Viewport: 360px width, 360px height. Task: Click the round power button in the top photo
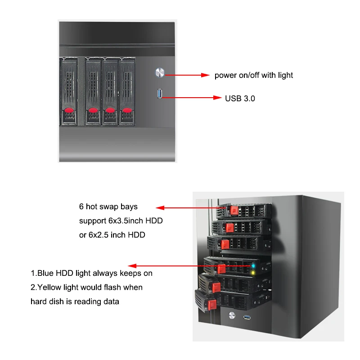pyautogui.click(x=159, y=72)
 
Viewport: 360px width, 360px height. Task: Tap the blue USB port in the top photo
pyautogui.click(x=159, y=94)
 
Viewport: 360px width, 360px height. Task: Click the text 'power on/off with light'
pyautogui.click(x=253, y=75)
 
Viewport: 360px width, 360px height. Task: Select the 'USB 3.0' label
pyautogui.click(x=240, y=98)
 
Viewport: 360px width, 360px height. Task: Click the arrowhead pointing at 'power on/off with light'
pyautogui.click(x=206, y=75)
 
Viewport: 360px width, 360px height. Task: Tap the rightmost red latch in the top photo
pyautogui.click(x=127, y=110)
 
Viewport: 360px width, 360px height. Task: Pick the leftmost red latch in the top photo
pyautogui.click(x=69, y=110)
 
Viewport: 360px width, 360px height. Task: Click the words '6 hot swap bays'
pyautogui.click(x=108, y=207)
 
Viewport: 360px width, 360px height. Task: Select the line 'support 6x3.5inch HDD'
pyautogui.click(x=121, y=221)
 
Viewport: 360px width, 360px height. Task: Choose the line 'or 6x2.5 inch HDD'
pyautogui.click(x=112, y=235)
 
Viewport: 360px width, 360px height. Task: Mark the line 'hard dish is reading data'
pyautogui.click(x=75, y=301)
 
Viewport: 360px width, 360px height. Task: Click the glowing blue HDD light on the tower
pyautogui.click(x=254, y=265)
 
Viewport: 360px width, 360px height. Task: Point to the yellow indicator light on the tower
pyautogui.click(x=254, y=273)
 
